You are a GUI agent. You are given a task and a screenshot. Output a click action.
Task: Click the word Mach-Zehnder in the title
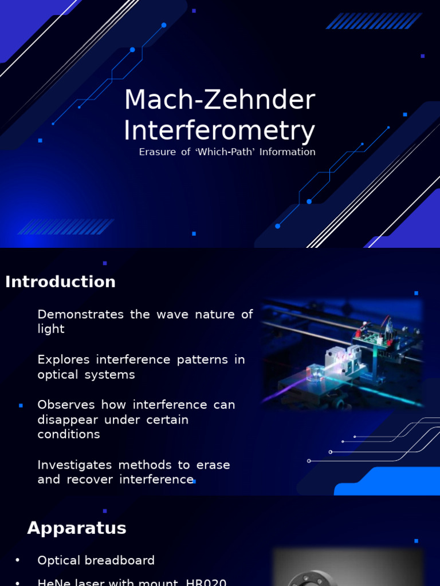219,101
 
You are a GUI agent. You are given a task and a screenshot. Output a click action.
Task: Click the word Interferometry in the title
219,130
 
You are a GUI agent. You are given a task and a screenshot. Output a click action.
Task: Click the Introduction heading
60,282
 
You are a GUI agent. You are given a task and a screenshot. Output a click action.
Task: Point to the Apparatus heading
77,528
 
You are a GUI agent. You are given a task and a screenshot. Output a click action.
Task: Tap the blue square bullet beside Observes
21,405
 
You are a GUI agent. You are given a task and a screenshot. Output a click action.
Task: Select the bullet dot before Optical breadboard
18,560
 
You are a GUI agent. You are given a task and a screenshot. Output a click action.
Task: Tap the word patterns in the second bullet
201,359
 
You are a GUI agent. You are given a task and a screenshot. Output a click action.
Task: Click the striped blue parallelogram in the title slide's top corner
374,21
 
